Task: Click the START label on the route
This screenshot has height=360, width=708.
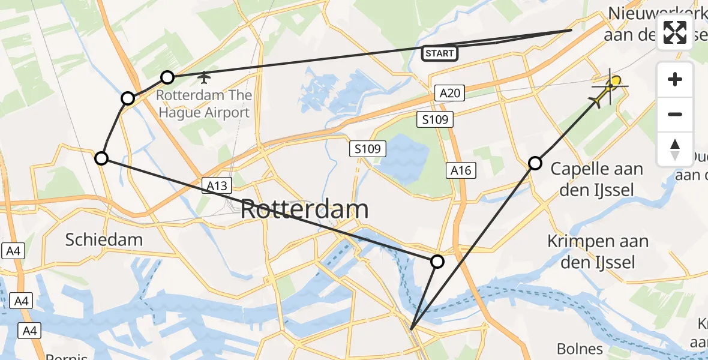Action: [440, 53]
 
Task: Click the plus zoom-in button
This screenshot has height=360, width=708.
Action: [675, 80]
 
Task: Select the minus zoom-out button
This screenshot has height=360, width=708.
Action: [675, 114]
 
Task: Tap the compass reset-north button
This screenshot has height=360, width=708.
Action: [675, 149]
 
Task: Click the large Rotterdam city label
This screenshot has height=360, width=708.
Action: [304, 210]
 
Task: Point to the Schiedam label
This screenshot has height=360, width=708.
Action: [104, 240]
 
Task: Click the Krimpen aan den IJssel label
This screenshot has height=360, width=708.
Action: [598, 251]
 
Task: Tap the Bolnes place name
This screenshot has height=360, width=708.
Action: [579, 349]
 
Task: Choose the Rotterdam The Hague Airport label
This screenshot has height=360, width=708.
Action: [204, 104]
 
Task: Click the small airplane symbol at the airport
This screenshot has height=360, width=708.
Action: [205, 77]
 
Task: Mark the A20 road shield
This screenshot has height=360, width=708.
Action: [449, 93]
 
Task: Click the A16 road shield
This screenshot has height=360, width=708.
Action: [461, 170]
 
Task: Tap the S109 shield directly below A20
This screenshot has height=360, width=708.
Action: [434, 120]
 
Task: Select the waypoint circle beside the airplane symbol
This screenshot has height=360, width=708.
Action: [167, 77]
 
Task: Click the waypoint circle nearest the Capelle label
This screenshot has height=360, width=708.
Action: [535, 163]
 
